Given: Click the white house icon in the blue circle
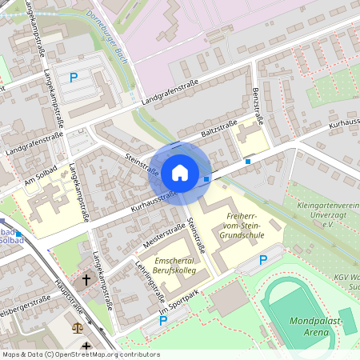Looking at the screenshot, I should tap(179, 172).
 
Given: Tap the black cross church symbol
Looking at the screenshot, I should tap(86, 280).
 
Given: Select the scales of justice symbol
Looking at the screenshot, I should tap(78, 327).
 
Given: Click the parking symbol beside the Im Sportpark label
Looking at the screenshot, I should tap(163, 321).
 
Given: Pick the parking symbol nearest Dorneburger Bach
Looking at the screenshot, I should tap(74, 78).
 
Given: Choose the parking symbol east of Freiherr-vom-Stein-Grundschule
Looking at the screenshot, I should tap(263, 260).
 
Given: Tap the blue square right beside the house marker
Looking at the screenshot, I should tap(207, 179).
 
